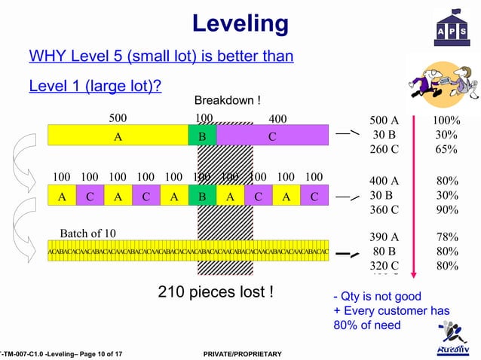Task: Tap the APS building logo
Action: point(450,28)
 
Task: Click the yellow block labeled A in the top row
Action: point(118,136)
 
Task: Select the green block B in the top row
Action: point(202,136)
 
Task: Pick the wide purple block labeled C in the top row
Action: point(272,136)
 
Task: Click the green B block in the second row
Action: point(202,197)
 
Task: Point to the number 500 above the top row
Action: point(118,118)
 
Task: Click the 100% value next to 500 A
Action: point(446,121)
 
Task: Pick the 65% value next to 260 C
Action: point(446,149)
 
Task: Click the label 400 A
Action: point(384,181)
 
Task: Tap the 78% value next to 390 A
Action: point(446,236)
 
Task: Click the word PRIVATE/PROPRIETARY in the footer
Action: point(237,354)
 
